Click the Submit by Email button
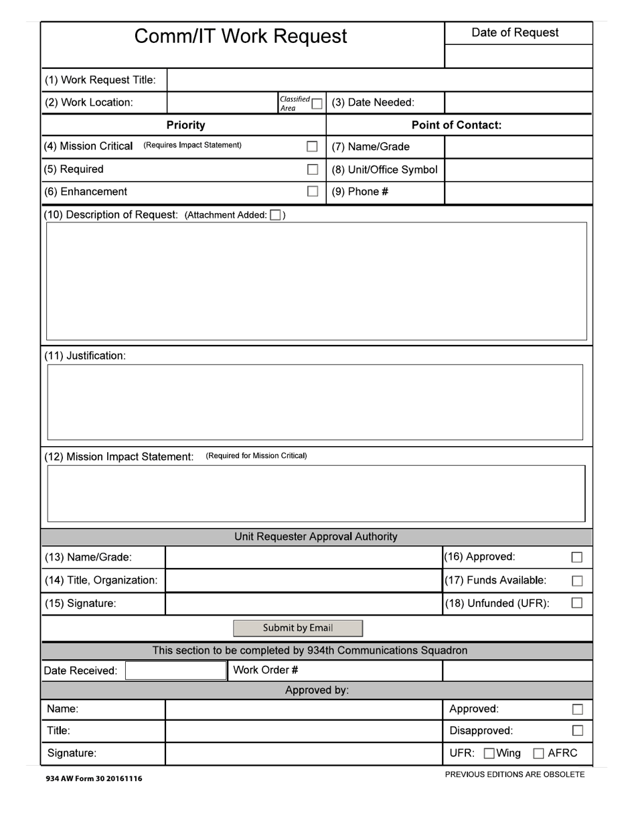(x=298, y=628)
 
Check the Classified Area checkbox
(x=317, y=104)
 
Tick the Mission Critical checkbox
(x=312, y=147)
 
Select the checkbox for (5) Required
(x=312, y=169)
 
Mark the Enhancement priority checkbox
(x=312, y=192)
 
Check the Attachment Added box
(x=275, y=215)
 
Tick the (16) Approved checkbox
(x=577, y=557)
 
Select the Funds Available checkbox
(x=577, y=581)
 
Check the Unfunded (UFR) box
(x=577, y=604)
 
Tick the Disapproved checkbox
(x=577, y=731)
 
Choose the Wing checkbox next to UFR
(x=489, y=754)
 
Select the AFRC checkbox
(x=539, y=754)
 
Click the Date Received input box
(x=176, y=671)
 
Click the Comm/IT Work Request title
(x=241, y=36)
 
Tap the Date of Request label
(x=515, y=33)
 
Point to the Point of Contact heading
(x=456, y=125)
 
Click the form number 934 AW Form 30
(x=94, y=778)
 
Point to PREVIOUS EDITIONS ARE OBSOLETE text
(x=515, y=774)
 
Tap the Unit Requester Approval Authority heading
(x=315, y=537)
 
